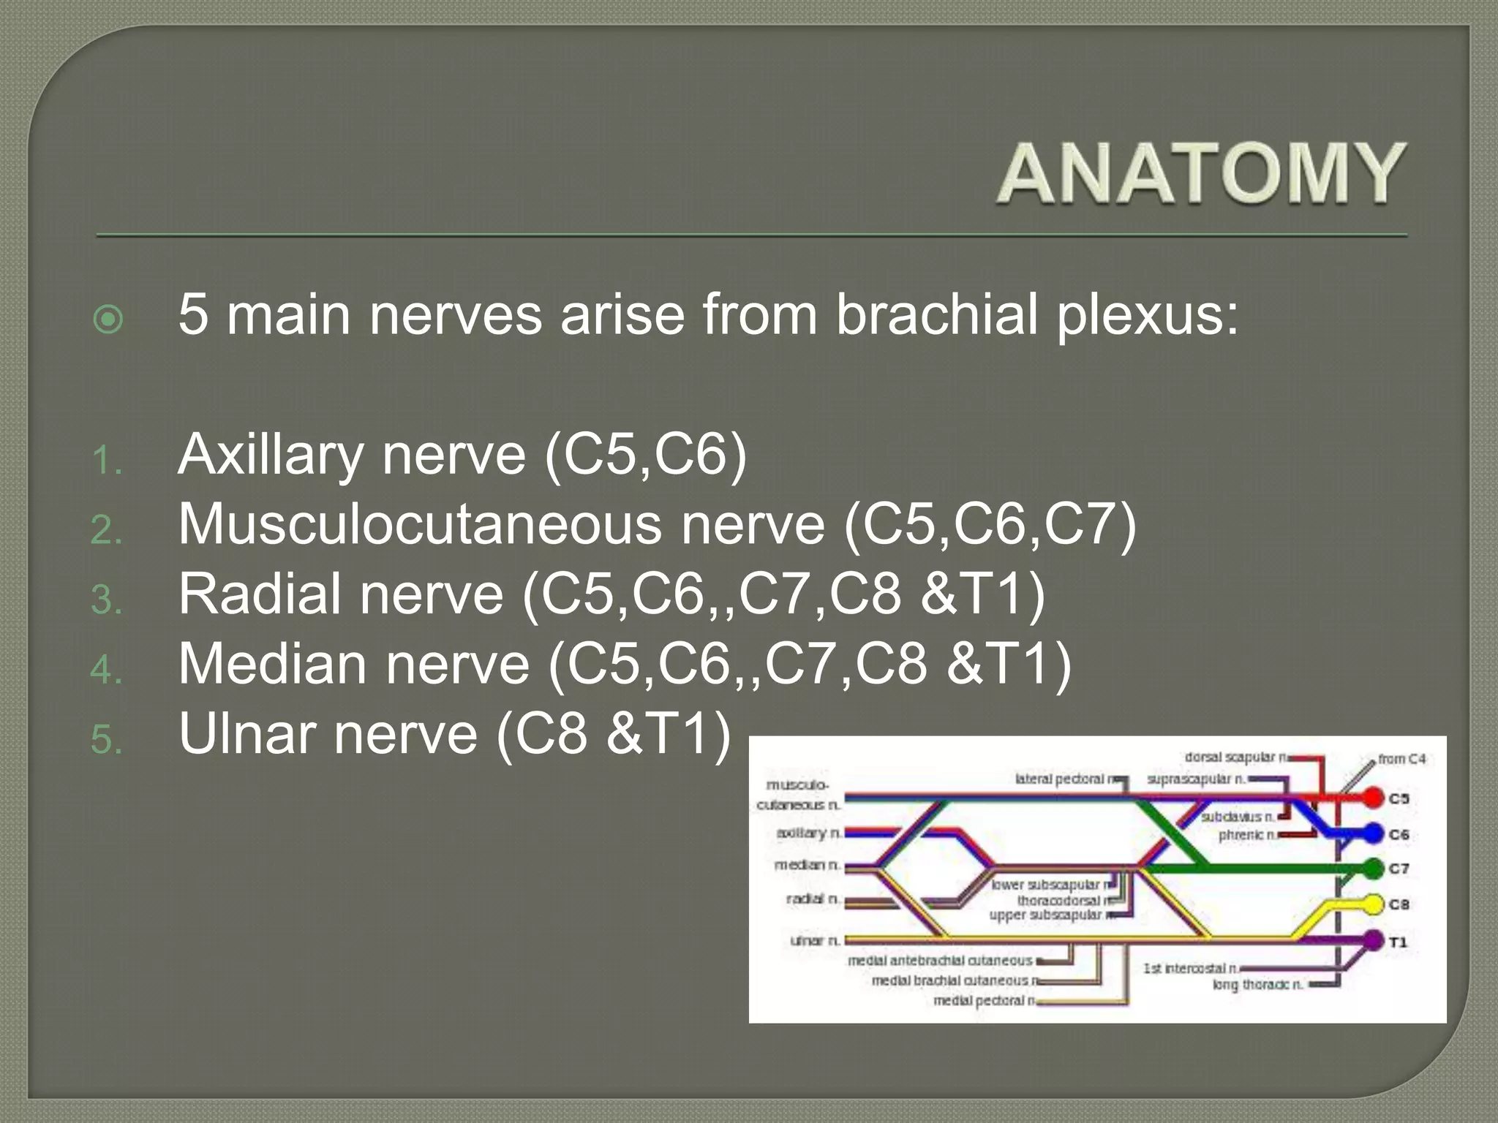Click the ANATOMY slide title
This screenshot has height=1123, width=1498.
1201,174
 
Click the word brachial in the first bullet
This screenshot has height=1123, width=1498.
937,314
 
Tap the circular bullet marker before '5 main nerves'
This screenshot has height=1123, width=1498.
109,319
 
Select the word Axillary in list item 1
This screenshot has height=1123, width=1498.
271,455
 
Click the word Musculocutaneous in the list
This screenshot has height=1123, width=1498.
420,525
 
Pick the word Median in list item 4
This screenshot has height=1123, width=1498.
272,664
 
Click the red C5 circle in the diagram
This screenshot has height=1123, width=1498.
1373,798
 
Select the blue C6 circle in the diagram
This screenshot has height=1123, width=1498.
1373,833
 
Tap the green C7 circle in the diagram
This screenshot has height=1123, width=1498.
1373,869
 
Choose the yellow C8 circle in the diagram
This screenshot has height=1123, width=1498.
1373,904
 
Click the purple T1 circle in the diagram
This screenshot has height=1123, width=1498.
1373,940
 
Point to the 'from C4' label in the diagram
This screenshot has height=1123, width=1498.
1401,759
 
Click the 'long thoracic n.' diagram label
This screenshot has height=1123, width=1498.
1257,985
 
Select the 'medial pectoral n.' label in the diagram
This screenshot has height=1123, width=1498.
985,1000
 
